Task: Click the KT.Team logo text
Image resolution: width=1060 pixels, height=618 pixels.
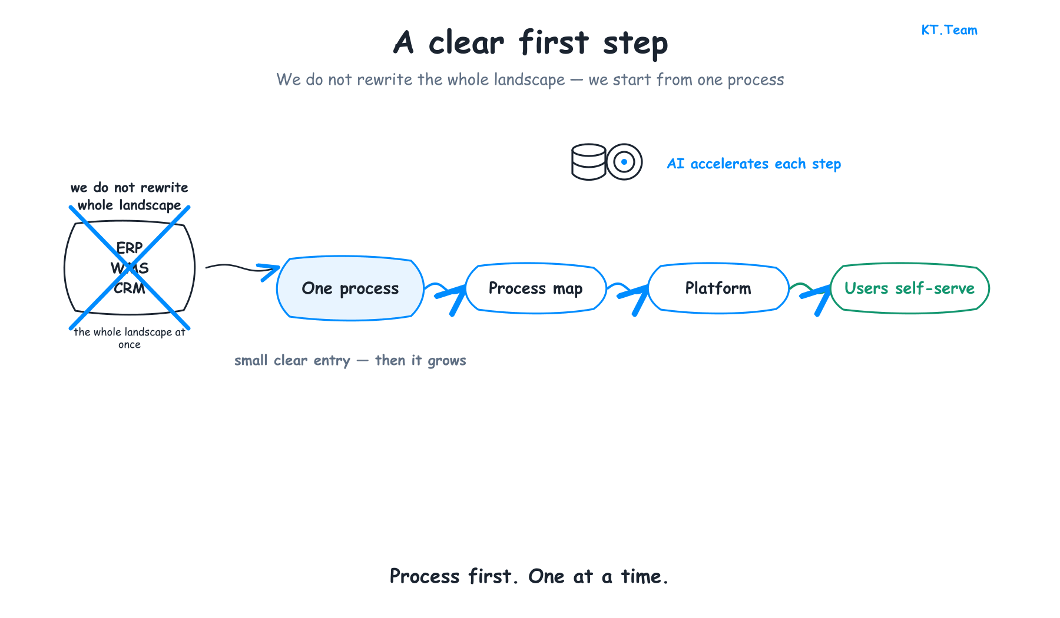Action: (949, 30)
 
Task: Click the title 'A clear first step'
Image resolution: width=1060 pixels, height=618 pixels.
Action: (531, 42)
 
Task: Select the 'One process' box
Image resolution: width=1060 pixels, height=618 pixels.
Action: (350, 288)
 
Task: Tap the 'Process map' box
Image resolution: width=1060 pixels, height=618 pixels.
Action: (536, 288)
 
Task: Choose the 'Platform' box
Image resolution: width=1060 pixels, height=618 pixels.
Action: (718, 288)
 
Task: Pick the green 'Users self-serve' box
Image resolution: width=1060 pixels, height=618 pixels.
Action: (910, 288)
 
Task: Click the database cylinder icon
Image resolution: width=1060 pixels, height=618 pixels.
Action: (589, 162)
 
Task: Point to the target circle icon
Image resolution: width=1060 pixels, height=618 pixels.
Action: (624, 162)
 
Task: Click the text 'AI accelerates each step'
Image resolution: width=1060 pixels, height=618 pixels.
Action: (754, 164)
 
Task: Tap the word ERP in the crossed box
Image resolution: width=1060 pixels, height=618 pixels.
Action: (130, 248)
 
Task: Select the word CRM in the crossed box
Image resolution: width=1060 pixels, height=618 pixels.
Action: (130, 288)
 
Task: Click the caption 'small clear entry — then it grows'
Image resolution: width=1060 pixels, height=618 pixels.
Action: (350, 360)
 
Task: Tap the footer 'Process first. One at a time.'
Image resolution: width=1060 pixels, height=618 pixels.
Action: (529, 576)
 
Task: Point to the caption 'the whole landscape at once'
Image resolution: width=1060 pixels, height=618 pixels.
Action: (130, 338)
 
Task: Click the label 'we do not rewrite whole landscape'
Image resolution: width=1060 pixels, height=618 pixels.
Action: (130, 196)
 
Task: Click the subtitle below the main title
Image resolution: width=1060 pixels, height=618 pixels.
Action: (531, 79)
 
